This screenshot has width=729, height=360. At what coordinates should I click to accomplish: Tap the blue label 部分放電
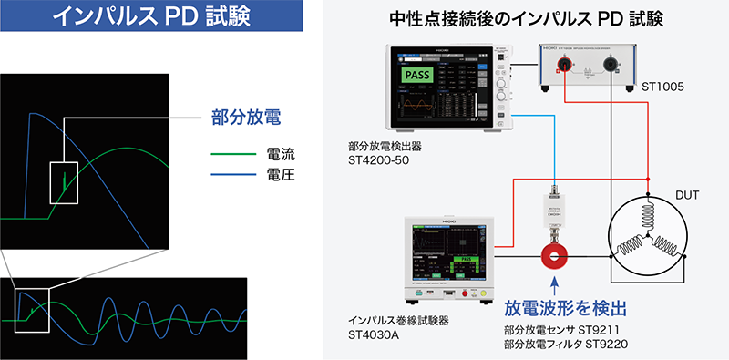tap(240, 118)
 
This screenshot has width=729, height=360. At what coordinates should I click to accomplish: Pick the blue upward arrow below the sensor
tap(554, 290)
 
